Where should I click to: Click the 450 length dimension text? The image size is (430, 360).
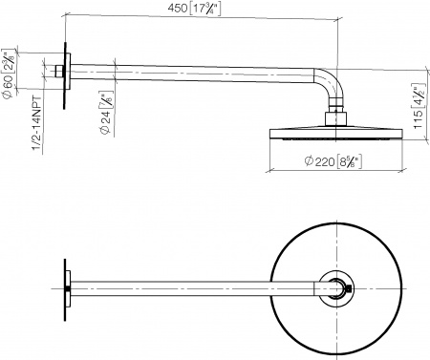(177, 10)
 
